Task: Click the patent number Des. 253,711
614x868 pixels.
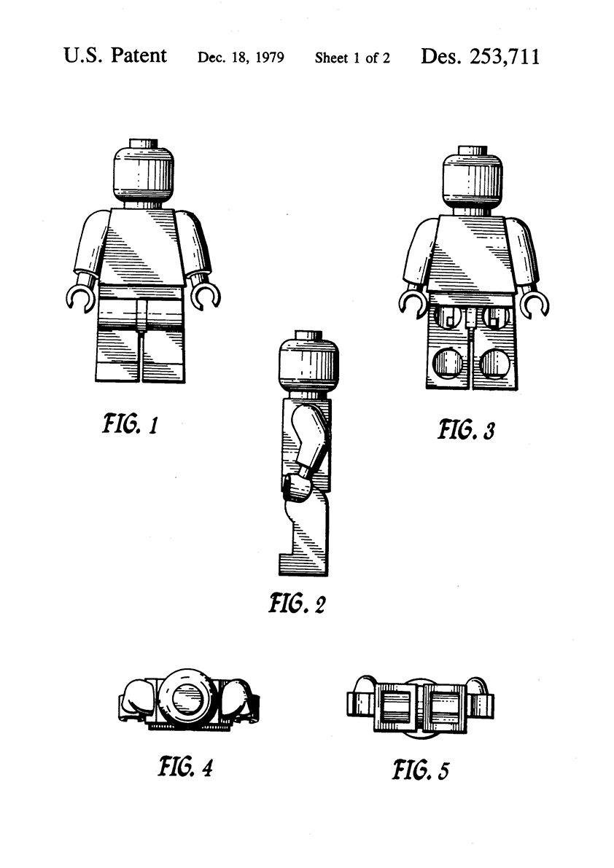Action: (480, 57)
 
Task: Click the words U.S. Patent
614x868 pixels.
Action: (115, 56)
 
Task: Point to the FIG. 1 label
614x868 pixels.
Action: (131, 423)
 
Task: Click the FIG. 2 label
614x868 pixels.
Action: (297, 603)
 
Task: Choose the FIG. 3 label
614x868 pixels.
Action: (465, 429)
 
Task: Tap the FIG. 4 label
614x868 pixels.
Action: (185, 767)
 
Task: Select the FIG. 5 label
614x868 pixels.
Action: (421, 769)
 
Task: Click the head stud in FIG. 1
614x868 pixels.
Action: (144, 143)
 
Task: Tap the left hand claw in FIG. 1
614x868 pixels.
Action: (80, 295)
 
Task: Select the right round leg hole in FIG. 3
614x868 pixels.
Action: (494, 362)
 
